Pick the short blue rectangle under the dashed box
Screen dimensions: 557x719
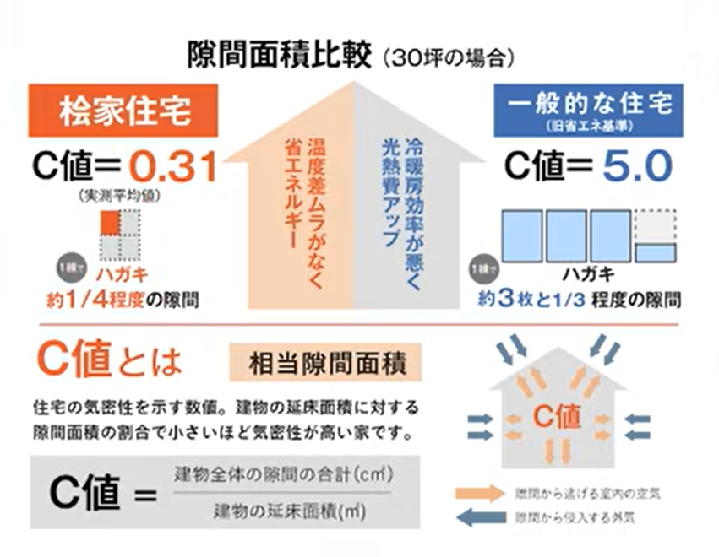(655, 251)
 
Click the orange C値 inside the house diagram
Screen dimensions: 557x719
(557, 415)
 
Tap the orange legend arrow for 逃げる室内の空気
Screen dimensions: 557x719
(479, 492)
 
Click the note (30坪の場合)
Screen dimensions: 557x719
(448, 58)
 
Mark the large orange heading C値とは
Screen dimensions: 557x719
(110, 360)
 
